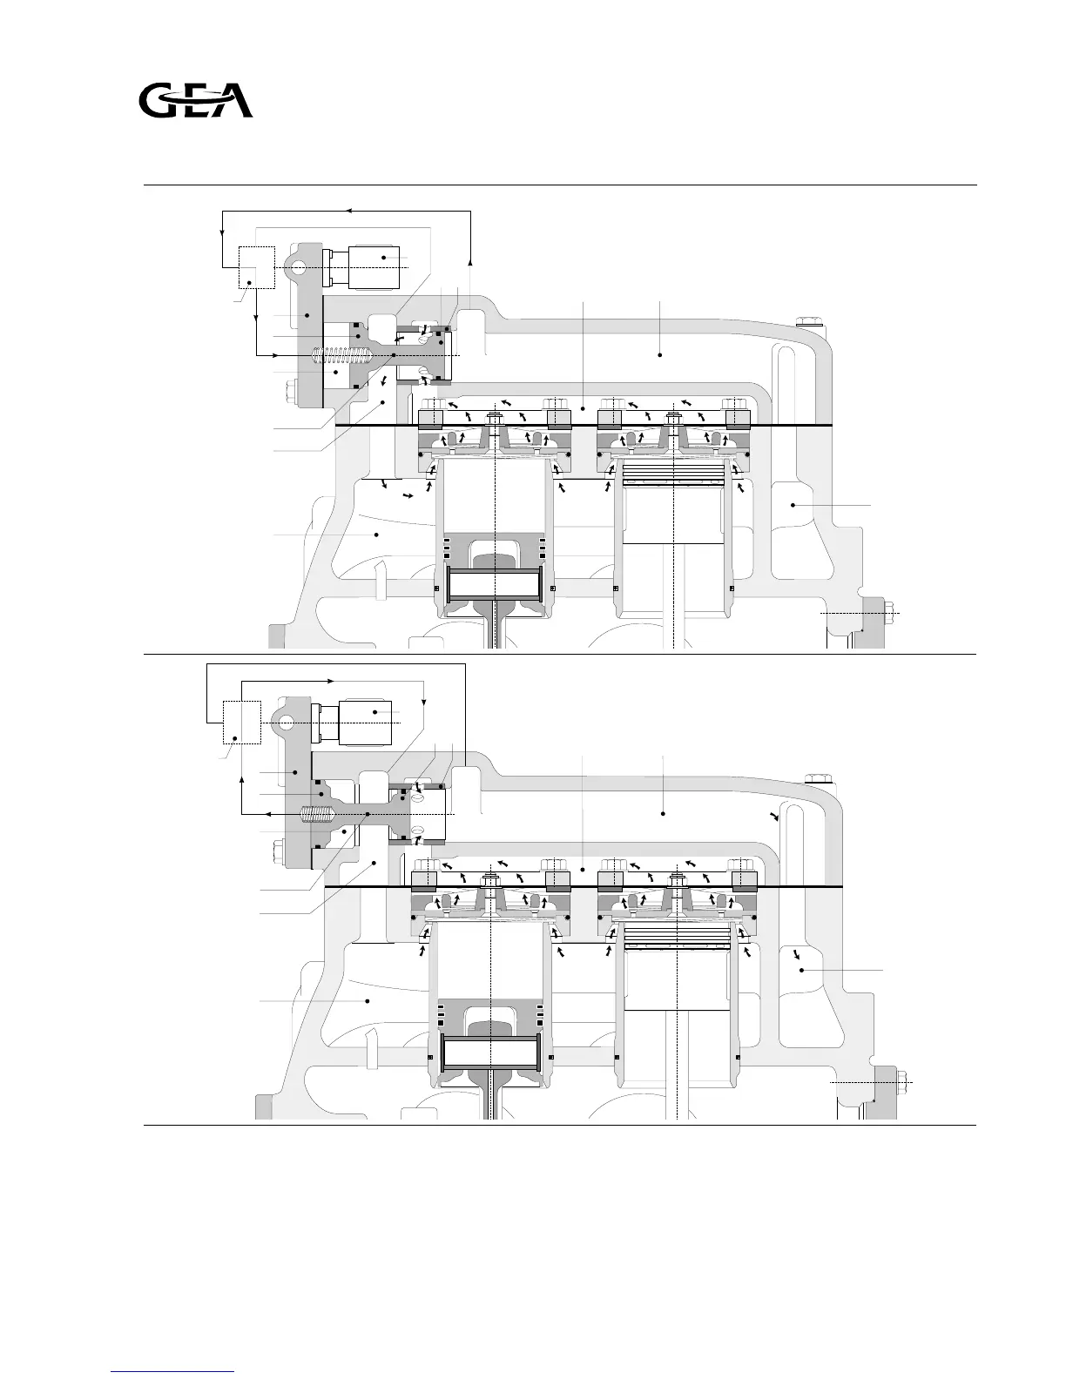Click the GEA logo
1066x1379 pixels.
[196, 100]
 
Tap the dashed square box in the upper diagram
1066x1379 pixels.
[257, 268]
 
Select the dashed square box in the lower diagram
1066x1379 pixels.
[242, 723]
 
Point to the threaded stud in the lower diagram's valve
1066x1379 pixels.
[315, 814]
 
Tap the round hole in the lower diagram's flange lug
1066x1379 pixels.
[285, 723]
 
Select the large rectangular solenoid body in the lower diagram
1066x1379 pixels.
[365, 723]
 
